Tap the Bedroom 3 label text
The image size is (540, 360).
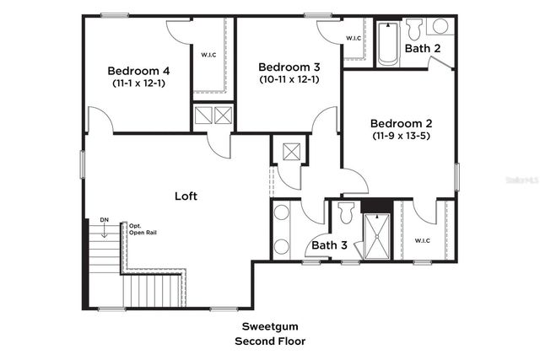click(288, 67)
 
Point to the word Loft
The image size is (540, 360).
click(186, 196)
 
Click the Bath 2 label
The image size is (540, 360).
click(422, 49)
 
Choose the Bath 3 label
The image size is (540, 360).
click(329, 245)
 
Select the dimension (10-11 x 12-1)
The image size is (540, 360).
click(288, 79)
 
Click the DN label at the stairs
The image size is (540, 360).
click(104, 220)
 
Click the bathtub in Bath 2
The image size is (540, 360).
click(387, 45)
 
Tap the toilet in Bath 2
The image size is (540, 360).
click(414, 30)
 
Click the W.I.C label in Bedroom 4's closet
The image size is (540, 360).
click(208, 56)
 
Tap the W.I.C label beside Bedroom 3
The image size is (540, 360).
click(354, 39)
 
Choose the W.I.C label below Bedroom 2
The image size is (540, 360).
click(423, 241)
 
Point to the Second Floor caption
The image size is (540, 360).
click(269, 341)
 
